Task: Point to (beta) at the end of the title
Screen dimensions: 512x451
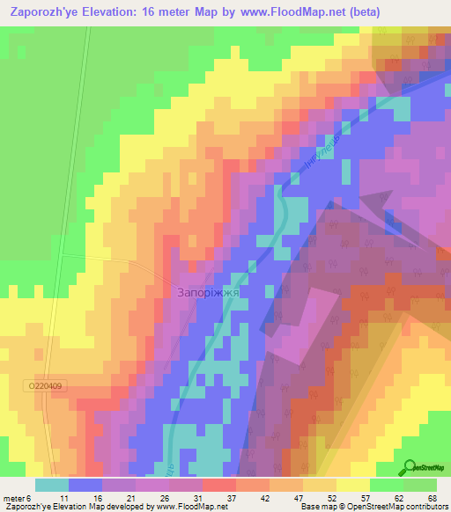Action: tap(425, 12)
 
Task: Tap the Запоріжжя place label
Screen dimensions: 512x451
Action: tap(209, 291)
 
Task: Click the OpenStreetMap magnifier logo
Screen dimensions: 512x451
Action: tap(410, 467)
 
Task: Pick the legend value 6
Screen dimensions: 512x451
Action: tap(29, 498)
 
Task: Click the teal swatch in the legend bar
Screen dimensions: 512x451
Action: tap(51, 485)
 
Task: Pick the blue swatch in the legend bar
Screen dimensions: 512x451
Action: tap(85, 485)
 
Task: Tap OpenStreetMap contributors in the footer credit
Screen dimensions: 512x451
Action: tap(396, 507)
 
